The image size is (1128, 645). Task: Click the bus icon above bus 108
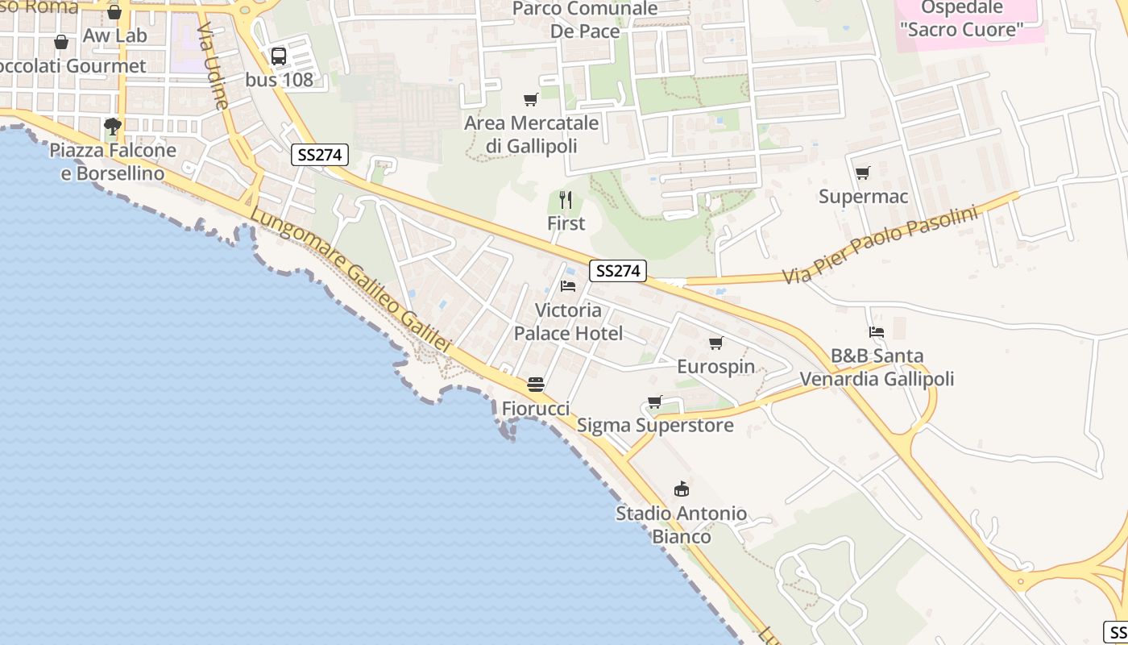pyautogui.click(x=278, y=56)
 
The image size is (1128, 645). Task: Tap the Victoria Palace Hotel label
pyautogui.click(x=568, y=322)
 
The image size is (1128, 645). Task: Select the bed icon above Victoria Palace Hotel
pyautogui.click(x=568, y=286)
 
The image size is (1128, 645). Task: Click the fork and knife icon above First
pyautogui.click(x=566, y=199)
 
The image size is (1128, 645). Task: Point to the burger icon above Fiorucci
pyautogui.click(x=536, y=385)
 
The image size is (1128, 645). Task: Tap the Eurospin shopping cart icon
pyautogui.click(x=715, y=343)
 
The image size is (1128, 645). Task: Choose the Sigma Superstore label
pyautogui.click(x=655, y=425)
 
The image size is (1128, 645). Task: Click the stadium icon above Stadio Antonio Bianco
pyautogui.click(x=682, y=489)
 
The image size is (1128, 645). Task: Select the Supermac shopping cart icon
pyautogui.click(x=863, y=173)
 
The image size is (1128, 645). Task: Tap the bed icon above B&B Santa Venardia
pyautogui.click(x=877, y=332)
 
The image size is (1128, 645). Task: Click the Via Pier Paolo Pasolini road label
pyautogui.click(x=880, y=244)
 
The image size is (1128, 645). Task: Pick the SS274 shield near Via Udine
pyautogui.click(x=320, y=155)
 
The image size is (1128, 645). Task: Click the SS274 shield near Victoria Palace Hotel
pyautogui.click(x=618, y=271)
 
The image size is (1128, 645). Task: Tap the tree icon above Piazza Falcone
pyautogui.click(x=113, y=126)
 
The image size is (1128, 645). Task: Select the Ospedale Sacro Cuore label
pyautogui.click(x=961, y=19)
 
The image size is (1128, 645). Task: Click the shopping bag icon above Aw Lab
pyautogui.click(x=114, y=13)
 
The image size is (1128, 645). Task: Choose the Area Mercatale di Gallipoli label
pyautogui.click(x=531, y=135)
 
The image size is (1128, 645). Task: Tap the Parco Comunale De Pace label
pyautogui.click(x=585, y=20)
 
